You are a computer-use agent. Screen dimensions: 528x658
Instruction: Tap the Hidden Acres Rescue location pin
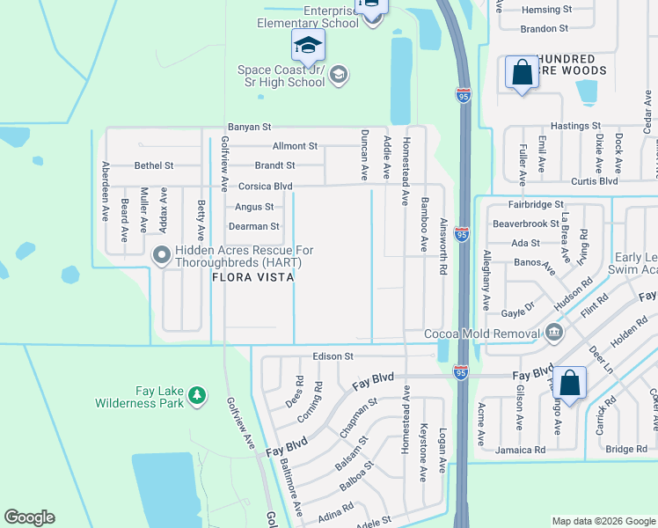(161, 255)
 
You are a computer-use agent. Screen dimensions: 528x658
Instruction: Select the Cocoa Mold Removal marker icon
(552, 332)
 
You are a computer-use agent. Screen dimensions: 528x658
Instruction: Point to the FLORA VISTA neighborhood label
(252, 276)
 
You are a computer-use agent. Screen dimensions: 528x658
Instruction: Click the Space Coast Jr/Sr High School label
(281, 76)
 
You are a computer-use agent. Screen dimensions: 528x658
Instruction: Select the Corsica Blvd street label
(265, 187)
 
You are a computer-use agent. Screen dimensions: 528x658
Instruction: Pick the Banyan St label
(249, 127)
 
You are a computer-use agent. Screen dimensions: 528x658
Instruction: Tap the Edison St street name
(333, 356)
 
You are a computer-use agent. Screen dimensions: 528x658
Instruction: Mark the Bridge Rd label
(626, 449)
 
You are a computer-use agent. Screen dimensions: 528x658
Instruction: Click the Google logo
(30, 517)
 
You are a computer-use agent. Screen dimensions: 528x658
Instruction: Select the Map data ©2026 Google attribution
(603, 521)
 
